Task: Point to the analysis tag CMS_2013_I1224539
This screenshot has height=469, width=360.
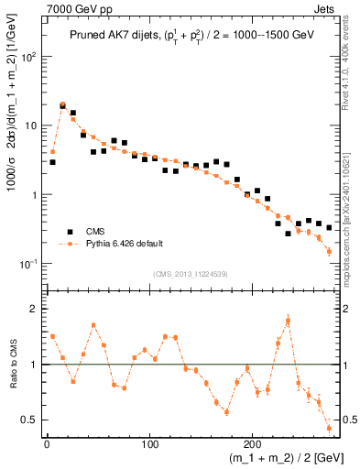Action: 191,273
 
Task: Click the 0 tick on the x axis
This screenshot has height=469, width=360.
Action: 47,445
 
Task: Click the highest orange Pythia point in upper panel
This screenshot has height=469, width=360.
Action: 62,104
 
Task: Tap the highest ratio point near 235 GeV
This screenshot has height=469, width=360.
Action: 288,320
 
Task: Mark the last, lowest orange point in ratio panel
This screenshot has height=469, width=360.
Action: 329,428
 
